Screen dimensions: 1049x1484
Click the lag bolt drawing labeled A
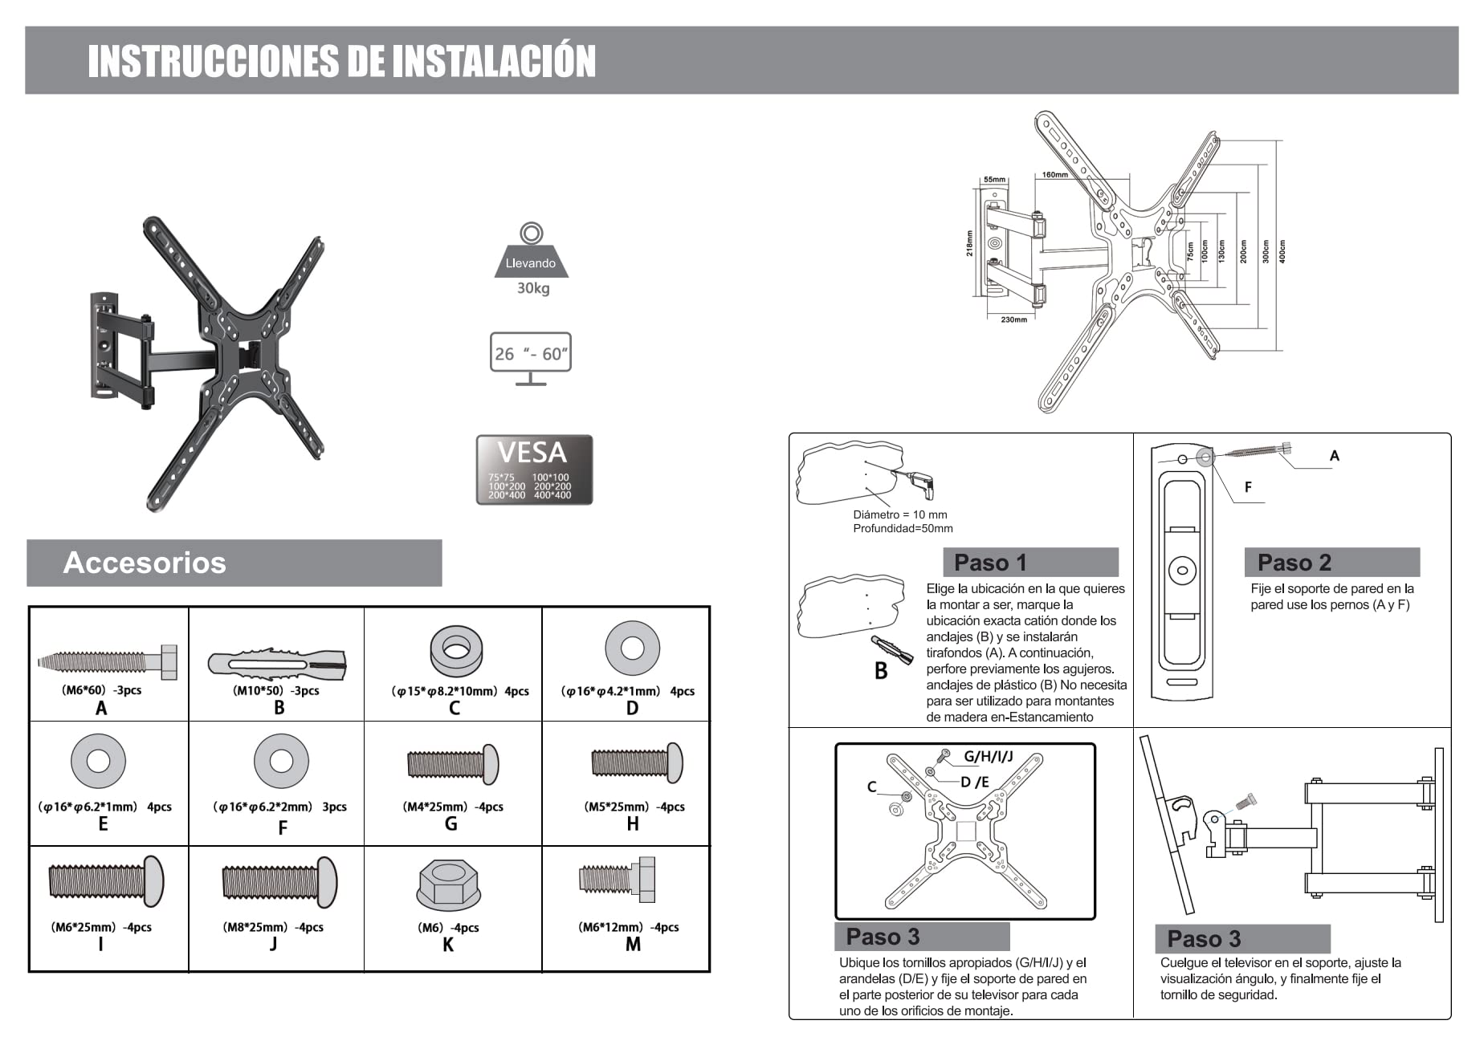[x=107, y=662]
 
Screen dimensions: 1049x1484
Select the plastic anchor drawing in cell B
[x=277, y=664]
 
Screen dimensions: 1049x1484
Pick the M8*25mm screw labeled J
[x=279, y=882]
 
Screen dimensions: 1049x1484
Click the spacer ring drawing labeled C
[x=455, y=649]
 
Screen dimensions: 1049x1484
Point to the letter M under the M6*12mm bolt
[x=633, y=945]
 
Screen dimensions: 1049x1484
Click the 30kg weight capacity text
[x=532, y=288]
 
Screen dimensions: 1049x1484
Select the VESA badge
[x=534, y=470]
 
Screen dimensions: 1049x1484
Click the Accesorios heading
[x=145, y=563]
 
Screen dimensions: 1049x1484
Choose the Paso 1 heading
[x=990, y=563]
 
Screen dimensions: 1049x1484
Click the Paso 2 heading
[x=1294, y=563]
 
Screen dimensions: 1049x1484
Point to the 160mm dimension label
[x=1054, y=175]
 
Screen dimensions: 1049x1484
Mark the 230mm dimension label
[x=1013, y=319]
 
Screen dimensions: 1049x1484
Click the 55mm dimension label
[x=994, y=180]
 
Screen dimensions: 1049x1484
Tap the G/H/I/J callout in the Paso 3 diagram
[x=988, y=756]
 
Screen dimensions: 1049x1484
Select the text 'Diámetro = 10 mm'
[x=899, y=514]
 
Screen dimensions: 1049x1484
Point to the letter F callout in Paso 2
[x=1248, y=487]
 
